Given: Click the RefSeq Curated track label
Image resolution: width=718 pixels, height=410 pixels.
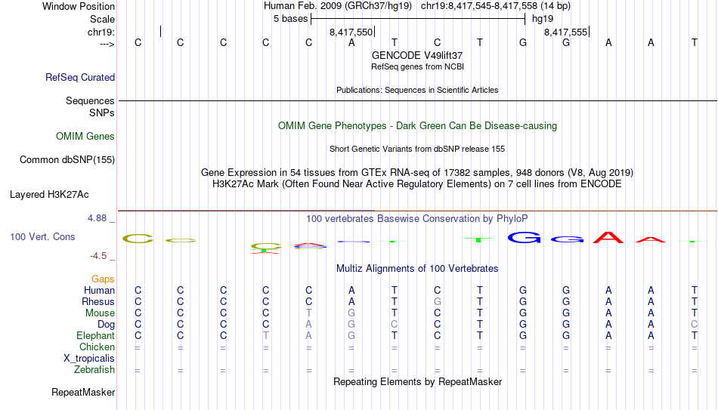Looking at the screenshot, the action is click(80, 77).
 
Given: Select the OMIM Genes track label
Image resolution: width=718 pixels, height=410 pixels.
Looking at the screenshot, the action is click(85, 137).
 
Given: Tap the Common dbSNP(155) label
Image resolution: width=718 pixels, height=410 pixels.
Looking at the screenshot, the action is click(67, 160).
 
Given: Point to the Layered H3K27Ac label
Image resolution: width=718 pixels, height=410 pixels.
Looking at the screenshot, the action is click(49, 195).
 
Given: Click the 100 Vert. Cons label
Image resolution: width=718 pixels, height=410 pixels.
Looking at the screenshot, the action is click(42, 236).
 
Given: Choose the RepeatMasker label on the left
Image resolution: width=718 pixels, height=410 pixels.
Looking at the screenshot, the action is click(83, 392).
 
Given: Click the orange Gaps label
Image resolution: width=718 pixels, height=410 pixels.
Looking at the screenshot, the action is click(103, 279).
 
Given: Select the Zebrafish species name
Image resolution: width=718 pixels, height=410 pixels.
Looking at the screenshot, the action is click(94, 369).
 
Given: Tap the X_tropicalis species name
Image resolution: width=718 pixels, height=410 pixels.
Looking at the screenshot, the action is click(89, 359).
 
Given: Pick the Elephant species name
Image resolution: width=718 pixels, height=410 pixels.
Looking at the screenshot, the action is click(95, 335).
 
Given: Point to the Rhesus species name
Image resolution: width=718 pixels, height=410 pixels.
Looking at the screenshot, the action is click(98, 301).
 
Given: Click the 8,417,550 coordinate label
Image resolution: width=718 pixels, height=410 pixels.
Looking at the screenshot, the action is click(351, 32).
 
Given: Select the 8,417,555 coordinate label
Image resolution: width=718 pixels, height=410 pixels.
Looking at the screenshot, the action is click(565, 32).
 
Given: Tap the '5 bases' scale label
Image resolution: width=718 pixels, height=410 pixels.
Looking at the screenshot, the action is click(291, 19).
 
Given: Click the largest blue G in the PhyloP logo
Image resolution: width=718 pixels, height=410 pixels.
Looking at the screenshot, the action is click(525, 238).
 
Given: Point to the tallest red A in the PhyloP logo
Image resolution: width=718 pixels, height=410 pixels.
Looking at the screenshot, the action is click(608, 238).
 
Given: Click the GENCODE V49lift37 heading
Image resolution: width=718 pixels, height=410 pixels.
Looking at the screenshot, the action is click(417, 55).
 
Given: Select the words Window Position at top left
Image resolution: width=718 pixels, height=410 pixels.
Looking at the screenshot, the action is click(79, 6).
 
